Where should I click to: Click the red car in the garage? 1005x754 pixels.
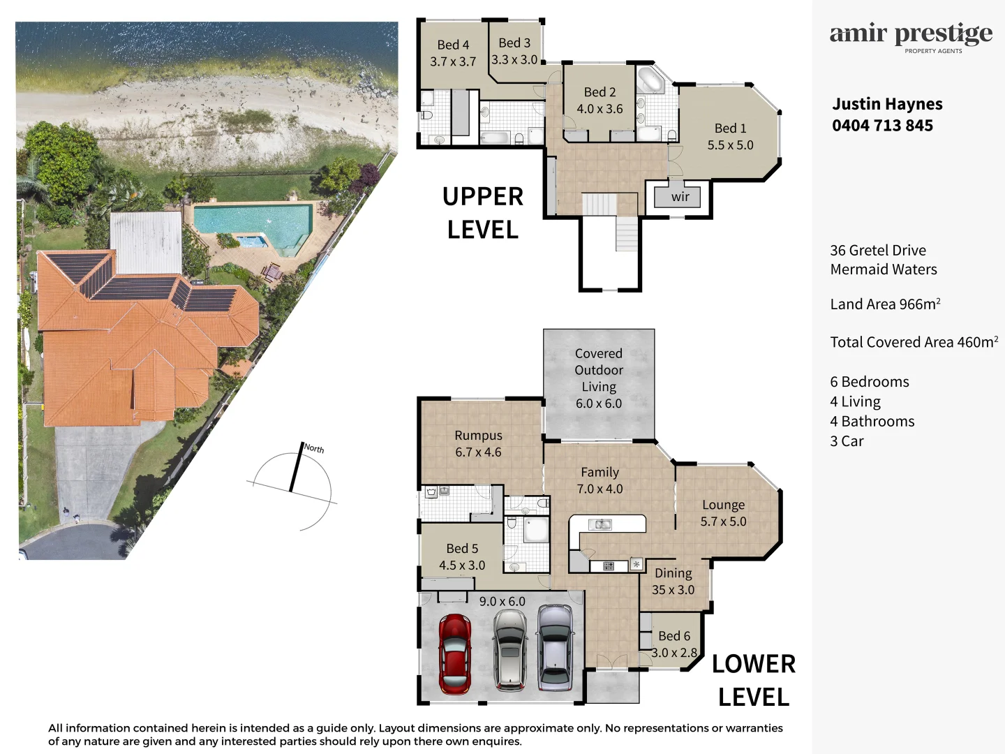click(454, 654)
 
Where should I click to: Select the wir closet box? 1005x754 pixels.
click(680, 197)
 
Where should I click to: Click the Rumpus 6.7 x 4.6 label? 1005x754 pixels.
click(478, 444)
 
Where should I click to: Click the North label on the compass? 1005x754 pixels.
click(314, 448)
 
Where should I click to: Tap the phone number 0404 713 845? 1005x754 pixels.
click(882, 126)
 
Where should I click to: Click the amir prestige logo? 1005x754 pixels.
click(911, 36)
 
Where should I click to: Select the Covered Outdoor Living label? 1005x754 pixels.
click(599, 378)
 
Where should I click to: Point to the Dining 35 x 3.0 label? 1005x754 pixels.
click(673, 582)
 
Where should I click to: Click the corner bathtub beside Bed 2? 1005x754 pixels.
click(652, 80)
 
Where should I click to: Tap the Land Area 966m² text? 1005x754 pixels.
click(885, 304)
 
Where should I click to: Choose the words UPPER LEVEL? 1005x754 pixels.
click(483, 213)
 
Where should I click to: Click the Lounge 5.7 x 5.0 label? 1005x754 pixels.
click(724, 513)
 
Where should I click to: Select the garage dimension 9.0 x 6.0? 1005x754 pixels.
click(502, 601)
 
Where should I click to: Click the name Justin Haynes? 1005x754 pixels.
click(887, 104)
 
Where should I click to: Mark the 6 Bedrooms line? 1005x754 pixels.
click(870, 382)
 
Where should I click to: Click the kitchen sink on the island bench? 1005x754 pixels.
click(600, 524)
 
